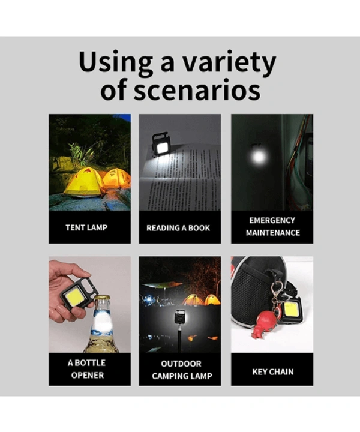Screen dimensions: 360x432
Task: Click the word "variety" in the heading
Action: point(229,64)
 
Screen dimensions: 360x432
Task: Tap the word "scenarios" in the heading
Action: point(197,90)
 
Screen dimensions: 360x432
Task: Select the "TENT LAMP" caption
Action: point(86,227)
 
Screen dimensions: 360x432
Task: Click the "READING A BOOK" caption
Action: point(178,228)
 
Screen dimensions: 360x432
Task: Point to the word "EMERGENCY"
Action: point(272,220)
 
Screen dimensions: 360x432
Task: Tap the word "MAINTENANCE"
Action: point(272,233)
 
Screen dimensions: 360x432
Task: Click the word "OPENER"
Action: point(88,375)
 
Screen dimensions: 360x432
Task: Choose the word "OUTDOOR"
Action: point(181,364)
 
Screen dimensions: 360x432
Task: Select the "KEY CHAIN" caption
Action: point(273,372)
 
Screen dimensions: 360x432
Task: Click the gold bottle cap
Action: point(103,298)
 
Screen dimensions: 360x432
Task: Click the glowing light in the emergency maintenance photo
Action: point(259,157)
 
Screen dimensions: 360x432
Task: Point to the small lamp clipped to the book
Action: point(161,144)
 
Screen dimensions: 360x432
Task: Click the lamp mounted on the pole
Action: point(180,317)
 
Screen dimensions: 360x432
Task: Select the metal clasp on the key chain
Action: point(276,289)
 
